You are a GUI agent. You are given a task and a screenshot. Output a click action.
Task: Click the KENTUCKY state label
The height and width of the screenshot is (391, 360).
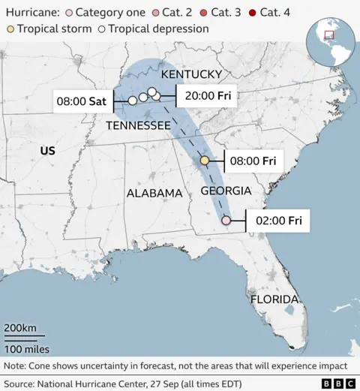tap(191, 74)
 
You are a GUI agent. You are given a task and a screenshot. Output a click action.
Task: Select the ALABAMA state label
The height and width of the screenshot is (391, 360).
tap(154, 193)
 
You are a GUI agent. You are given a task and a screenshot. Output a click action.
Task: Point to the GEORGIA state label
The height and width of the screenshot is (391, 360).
tap(226, 191)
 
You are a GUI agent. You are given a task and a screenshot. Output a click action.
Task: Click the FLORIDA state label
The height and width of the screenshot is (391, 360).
tap(274, 299)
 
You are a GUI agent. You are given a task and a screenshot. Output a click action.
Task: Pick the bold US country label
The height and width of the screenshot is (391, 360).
tap(47, 151)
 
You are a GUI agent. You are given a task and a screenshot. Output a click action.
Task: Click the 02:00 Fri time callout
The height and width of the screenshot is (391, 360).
tap(279, 221)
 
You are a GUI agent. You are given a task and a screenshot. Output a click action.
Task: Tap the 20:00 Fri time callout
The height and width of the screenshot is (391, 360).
tap(208, 96)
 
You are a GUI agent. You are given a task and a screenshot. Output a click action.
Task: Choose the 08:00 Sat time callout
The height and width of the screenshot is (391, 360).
tap(82, 100)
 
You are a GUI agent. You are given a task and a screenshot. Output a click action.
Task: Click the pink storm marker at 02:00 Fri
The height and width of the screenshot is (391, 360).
tap(226, 221)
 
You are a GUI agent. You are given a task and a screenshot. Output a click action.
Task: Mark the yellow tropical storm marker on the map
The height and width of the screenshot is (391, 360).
tap(205, 161)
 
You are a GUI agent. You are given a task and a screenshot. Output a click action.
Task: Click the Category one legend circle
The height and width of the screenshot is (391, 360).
tap(69, 13)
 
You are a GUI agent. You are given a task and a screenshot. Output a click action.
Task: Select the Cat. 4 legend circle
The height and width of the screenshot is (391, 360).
tap(252, 13)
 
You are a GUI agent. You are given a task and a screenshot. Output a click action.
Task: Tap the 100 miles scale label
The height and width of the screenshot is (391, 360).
tap(27, 349)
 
